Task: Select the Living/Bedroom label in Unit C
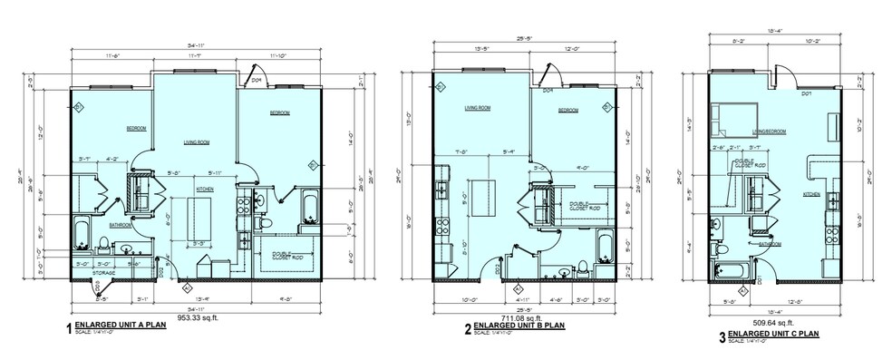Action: click(768, 131)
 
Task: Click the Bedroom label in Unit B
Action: click(567, 110)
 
